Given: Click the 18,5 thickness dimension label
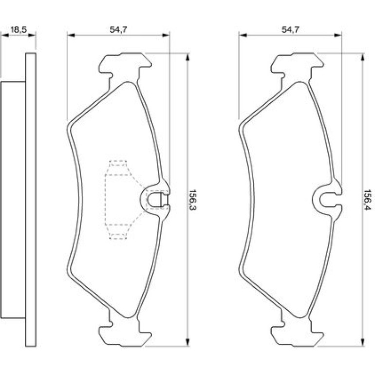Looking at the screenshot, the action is [x=19, y=30].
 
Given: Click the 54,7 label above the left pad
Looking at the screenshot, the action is [x=118, y=30].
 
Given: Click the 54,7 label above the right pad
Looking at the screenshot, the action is [x=290, y=30].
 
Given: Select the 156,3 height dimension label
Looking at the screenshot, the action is [x=192, y=200].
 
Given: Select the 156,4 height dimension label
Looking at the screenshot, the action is [x=367, y=200].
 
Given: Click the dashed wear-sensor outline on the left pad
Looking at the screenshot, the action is [x=105, y=200].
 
